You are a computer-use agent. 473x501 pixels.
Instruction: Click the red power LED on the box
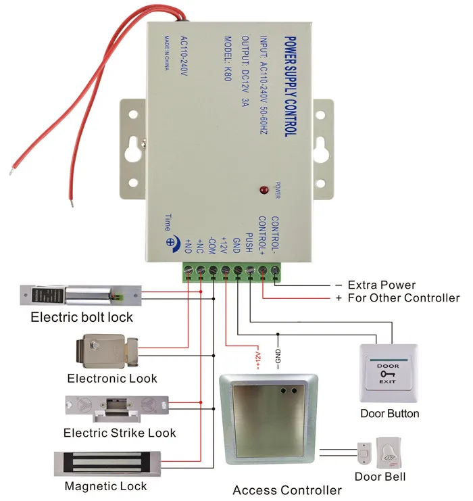point(264,190)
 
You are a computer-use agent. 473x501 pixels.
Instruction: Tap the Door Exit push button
point(389,373)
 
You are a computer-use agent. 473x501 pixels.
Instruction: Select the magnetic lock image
point(107,464)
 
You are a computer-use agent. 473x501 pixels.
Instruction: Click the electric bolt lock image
point(80,295)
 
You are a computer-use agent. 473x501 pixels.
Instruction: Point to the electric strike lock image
point(117,409)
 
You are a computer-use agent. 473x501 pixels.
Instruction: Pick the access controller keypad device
point(268,419)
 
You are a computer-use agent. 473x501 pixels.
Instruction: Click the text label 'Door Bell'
point(380,477)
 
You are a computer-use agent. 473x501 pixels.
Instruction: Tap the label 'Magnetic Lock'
point(105,486)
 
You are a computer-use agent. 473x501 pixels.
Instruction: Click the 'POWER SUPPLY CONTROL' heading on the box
point(291,87)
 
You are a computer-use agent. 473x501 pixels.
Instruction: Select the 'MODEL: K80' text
point(228,58)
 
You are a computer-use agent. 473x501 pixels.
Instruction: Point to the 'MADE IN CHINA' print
point(167,53)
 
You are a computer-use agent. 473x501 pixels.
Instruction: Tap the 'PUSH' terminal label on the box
point(249,243)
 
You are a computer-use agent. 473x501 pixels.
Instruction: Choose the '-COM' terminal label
point(211,245)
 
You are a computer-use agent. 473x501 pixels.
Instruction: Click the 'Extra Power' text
point(382,285)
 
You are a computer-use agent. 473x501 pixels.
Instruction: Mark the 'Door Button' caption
point(390,414)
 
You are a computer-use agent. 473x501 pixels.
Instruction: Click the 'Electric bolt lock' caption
point(82,317)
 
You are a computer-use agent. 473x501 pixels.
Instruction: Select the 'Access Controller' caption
point(287,490)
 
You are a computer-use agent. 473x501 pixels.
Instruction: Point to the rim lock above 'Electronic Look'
point(107,351)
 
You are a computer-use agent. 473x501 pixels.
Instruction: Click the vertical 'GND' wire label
point(278,356)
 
